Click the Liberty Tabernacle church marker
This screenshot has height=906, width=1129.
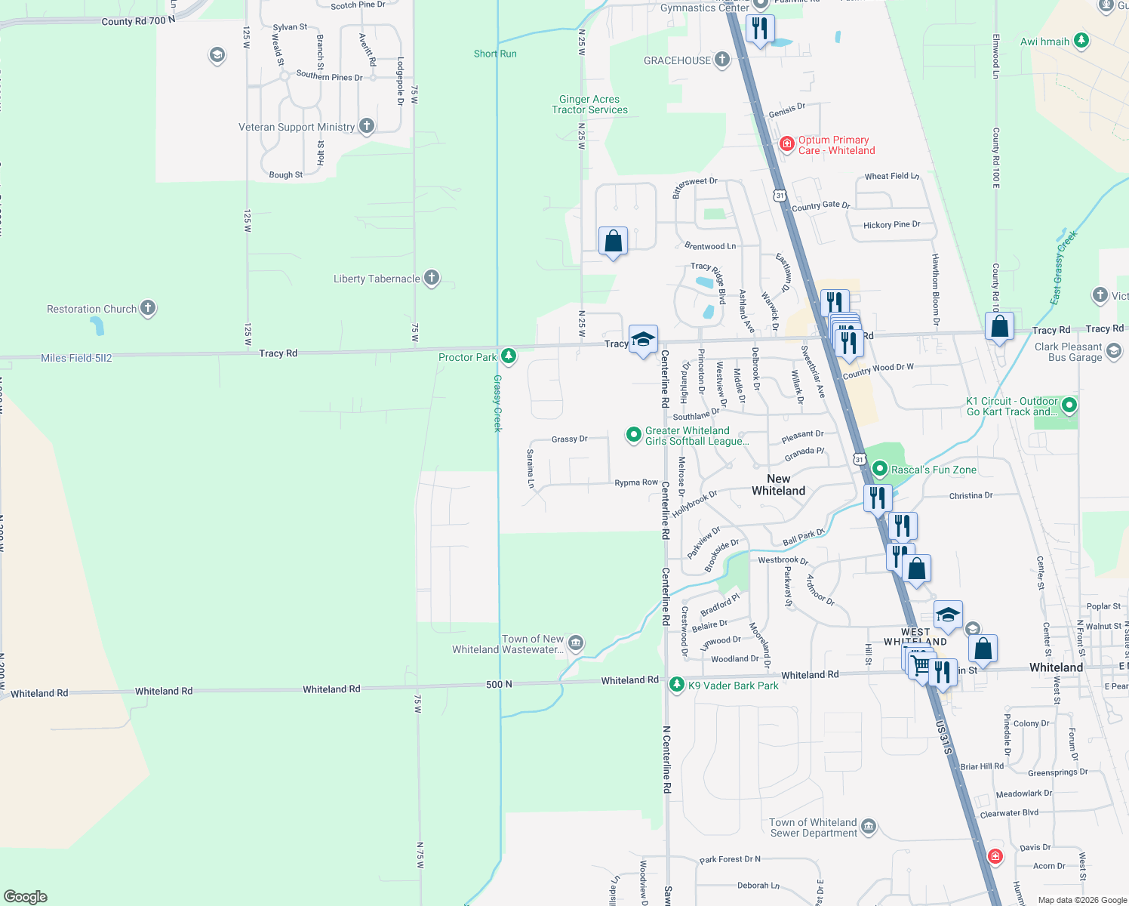click(x=431, y=278)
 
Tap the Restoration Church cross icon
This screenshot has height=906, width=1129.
click(x=148, y=307)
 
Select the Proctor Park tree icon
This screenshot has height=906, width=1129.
click(x=509, y=356)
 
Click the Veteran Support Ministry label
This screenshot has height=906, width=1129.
click(x=297, y=127)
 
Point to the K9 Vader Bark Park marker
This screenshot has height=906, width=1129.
click(x=677, y=685)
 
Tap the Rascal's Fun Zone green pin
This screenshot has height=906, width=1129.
click(x=879, y=469)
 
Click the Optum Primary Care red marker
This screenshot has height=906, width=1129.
click(x=787, y=143)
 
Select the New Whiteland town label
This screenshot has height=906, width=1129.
click(x=778, y=485)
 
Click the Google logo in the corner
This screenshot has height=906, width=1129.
click(x=26, y=896)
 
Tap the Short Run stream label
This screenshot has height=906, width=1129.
click(x=495, y=54)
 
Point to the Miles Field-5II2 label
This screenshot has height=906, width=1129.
click(x=76, y=358)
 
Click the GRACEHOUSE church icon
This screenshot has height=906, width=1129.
click(x=722, y=60)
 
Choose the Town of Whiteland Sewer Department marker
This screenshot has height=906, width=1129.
click(x=869, y=827)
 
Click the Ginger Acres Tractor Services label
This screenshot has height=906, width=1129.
click(x=589, y=105)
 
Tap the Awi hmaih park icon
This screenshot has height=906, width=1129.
click(x=1081, y=41)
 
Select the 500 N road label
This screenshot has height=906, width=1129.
click(x=499, y=684)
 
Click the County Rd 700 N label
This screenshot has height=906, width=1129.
click(x=138, y=21)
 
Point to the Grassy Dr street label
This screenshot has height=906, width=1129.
click(x=569, y=439)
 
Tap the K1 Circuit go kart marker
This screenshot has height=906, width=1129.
click(x=1069, y=406)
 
